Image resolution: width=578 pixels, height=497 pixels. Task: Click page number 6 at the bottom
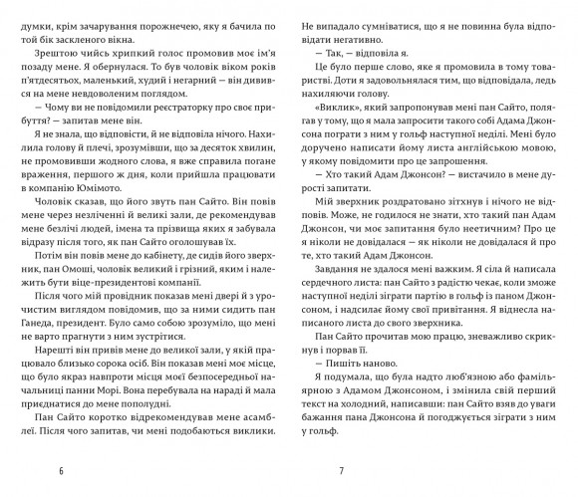coord(61,470)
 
